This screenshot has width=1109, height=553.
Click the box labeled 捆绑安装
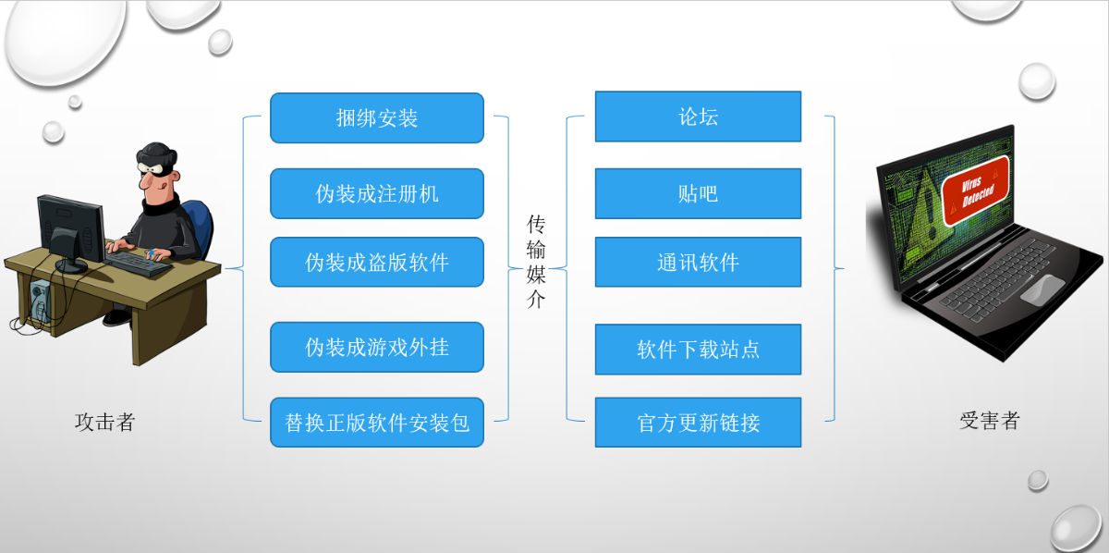[x=377, y=118]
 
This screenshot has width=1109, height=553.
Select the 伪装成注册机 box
[x=377, y=194]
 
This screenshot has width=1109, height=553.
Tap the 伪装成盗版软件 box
[x=377, y=262]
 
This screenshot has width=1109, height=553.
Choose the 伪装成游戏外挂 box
[x=377, y=348]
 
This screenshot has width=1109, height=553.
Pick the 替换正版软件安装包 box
[x=377, y=423]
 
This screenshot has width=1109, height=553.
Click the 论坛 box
[x=698, y=117]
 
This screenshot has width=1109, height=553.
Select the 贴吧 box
[x=698, y=194]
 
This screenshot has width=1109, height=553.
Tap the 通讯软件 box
[x=698, y=262]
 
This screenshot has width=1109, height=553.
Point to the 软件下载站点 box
[x=698, y=350]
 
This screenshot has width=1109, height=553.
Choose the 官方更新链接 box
[x=698, y=423]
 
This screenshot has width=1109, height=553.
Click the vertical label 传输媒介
[x=536, y=262]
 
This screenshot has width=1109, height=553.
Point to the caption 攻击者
[x=105, y=423]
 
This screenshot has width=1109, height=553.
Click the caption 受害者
[x=990, y=421]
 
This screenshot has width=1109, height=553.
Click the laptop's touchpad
[x=1042, y=289]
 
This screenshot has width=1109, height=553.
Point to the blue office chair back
[x=199, y=227]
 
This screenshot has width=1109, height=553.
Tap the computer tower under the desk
[x=41, y=301]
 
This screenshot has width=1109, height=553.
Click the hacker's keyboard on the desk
[x=138, y=264]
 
